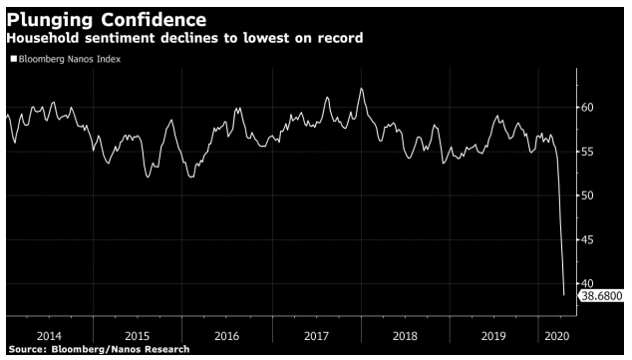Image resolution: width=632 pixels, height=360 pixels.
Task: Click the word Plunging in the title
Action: [47, 20]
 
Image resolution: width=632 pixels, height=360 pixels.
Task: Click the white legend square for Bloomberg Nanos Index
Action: [13, 60]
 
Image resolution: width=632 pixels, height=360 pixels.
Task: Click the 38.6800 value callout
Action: [602, 297]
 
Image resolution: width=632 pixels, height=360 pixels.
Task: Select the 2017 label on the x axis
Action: [316, 336]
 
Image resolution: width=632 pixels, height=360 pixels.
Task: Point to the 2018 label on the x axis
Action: [406, 336]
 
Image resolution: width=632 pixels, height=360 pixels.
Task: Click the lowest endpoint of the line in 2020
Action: [564, 295]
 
